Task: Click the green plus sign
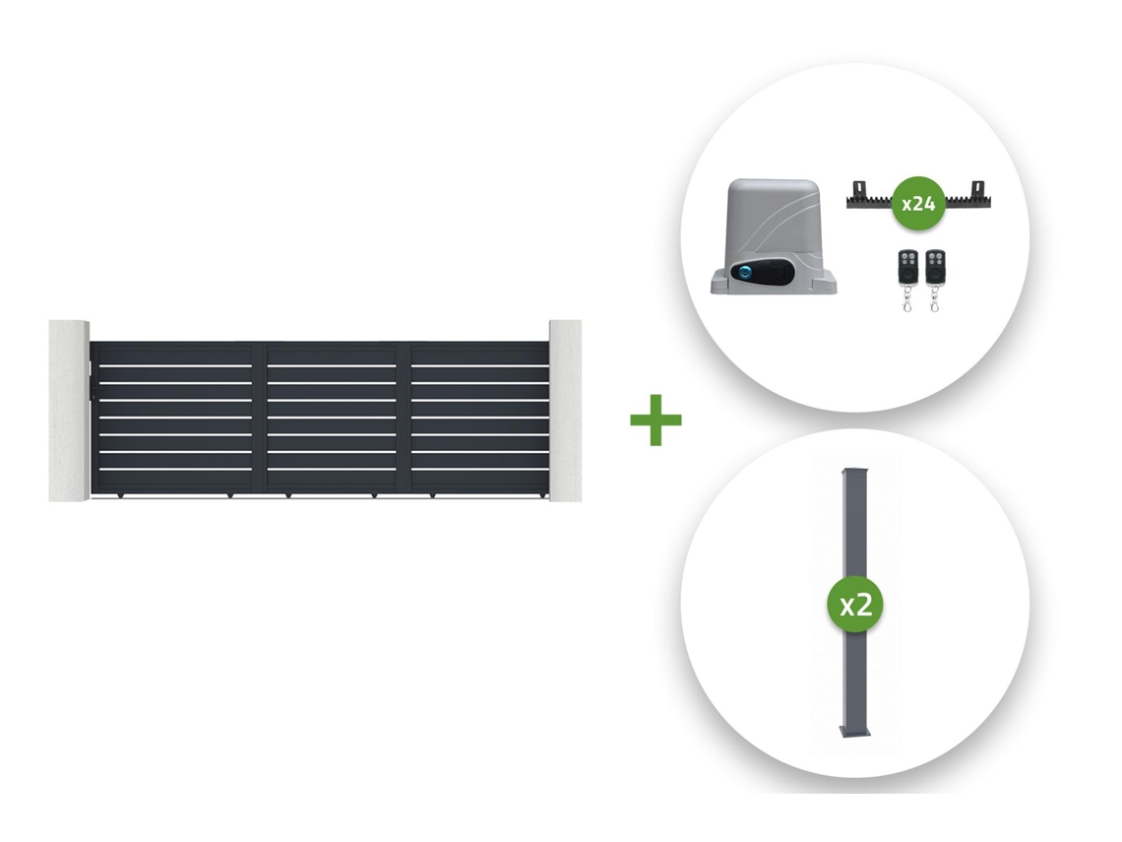[x=655, y=420]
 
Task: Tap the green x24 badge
[x=918, y=203]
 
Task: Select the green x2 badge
[x=855, y=605]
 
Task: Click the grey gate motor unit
[x=774, y=236]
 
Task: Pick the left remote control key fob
[x=908, y=280]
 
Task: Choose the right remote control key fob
[x=935, y=280]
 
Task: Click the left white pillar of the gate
[x=69, y=411]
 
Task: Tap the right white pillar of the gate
[x=565, y=411]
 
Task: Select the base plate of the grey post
[x=854, y=731]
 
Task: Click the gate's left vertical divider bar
[x=259, y=419]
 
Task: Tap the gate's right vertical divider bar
[x=404, y=419]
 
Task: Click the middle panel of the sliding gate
[x=332, y=419]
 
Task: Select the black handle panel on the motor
[x=766, y=272]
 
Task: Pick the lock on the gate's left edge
[x=93, y=394]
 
